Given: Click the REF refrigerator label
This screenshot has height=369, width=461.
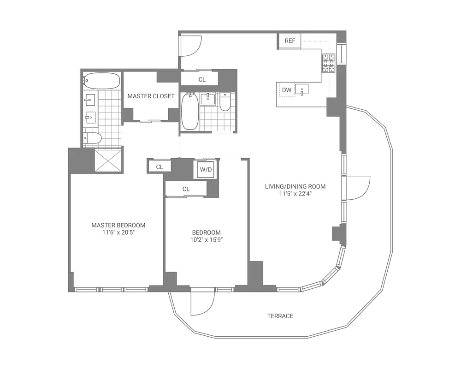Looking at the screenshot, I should [290, 41].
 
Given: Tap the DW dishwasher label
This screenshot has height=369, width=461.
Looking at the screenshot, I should [287, 90].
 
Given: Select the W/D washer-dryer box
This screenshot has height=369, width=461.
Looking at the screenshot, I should [206, 170].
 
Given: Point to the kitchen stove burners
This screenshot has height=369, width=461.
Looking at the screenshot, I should [328, 63].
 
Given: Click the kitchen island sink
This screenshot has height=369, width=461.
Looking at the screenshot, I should [302, 89].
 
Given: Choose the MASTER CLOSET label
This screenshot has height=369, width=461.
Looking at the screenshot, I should [151, 96].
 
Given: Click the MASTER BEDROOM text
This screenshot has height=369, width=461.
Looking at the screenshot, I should [118, 225].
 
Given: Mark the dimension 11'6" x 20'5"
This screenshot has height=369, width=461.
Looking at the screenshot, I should [118, 232].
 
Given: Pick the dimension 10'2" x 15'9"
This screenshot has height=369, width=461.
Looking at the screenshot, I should [206, 240].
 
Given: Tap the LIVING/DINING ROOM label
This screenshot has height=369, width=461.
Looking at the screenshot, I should [295, 187].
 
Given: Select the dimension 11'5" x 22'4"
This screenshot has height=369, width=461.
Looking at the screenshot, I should [295, 194].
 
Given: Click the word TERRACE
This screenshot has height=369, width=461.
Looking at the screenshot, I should [280, 316].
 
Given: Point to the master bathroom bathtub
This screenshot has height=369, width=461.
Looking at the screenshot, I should [102, 81].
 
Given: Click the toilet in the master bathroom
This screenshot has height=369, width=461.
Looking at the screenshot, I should [93, 138].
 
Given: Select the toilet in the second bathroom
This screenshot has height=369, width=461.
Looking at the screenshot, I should [225, 103].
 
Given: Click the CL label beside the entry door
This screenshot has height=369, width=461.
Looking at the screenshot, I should [202, 79].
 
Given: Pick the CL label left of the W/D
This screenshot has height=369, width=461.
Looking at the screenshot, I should [159, 167].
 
